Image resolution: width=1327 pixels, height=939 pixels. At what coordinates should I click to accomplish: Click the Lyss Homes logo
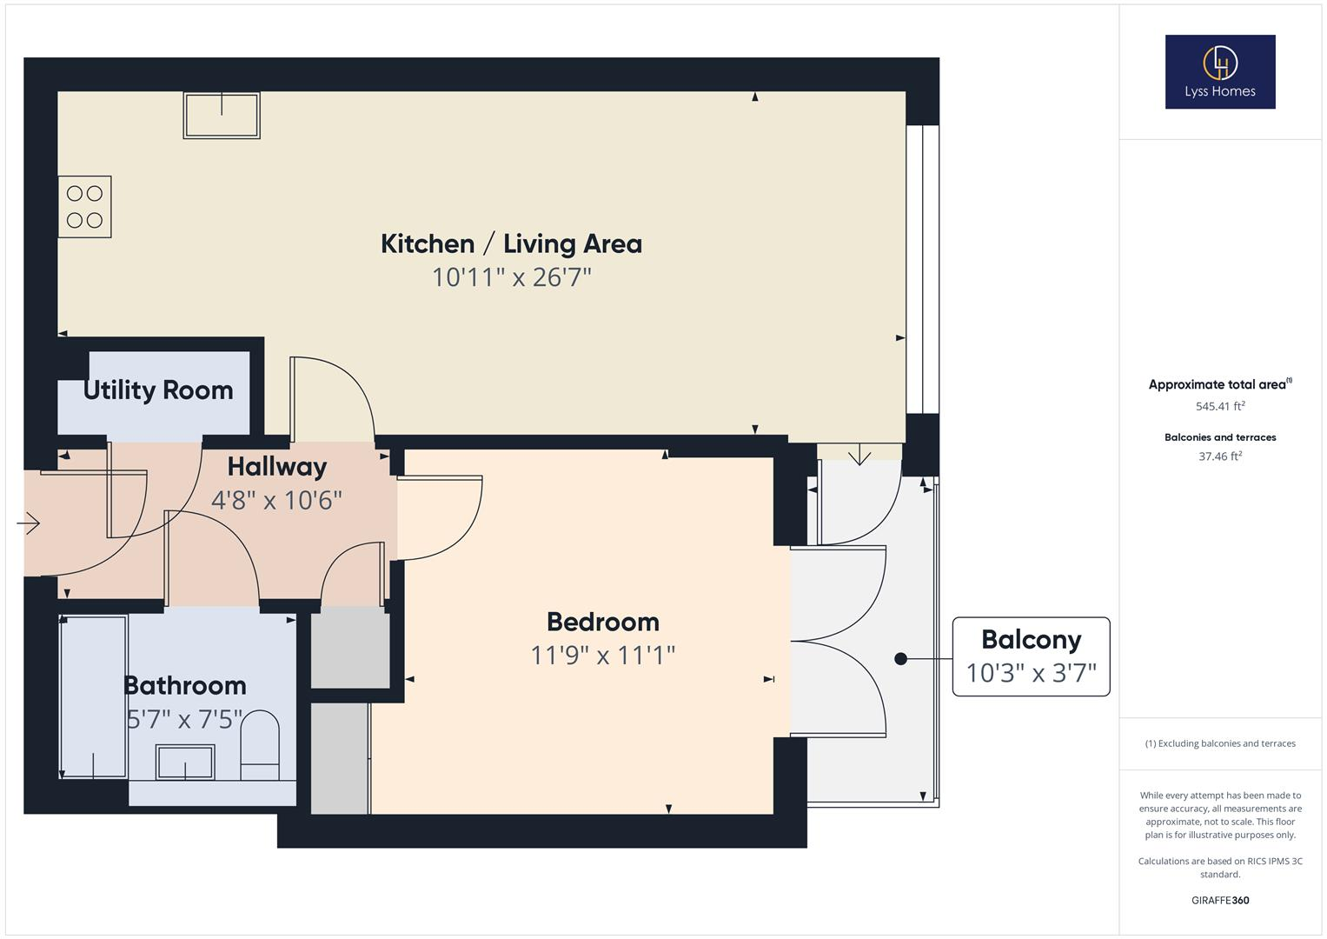[x=1220, y=71]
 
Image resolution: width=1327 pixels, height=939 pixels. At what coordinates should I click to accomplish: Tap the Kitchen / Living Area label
[x=511, y=243]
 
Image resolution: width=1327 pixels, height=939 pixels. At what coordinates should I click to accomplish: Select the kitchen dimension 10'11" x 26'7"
[x=511, y=277]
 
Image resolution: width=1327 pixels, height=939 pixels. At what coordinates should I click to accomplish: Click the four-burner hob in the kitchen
[x=84, y=207]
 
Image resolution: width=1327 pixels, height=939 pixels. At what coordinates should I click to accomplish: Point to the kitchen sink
[x=222, y=116]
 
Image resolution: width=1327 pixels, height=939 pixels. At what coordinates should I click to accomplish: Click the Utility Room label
[x=158, y=390]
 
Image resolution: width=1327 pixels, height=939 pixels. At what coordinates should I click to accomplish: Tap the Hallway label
[x=277, y=467]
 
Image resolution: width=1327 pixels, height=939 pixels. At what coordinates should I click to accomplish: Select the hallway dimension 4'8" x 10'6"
[x=276, y=500]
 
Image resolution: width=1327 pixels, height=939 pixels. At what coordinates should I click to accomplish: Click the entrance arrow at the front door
[x=28, y=523]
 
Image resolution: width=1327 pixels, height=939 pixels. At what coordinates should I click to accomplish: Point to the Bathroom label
[x=185, y=685]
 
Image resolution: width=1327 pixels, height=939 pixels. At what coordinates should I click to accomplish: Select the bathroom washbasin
[x=185, y=762]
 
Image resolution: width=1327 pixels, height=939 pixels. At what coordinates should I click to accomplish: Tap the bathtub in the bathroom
[x=94, y=697]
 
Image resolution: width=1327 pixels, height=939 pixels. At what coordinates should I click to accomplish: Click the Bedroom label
[x=603, y=622]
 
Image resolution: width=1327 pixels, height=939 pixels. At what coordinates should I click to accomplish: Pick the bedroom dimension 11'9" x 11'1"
[x=603, y=656]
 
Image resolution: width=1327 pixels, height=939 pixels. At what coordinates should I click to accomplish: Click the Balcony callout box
[x=1031, y=656]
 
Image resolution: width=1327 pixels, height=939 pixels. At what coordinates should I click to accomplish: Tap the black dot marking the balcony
[x=900, y=659]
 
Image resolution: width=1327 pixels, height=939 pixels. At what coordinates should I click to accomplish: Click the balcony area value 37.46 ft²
[x=1220, y=456]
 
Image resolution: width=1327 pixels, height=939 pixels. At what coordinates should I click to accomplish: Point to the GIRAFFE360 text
[x=1220, y=900]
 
